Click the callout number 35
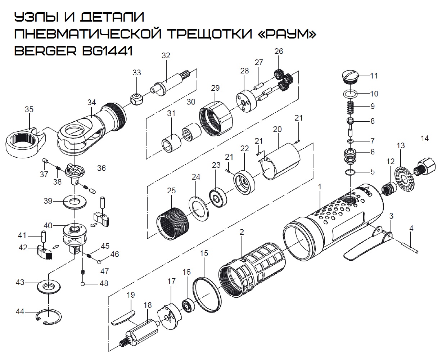pos(29,109)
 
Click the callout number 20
pos(277,129)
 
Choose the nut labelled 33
pos(136,98)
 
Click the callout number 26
pos(279,51)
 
